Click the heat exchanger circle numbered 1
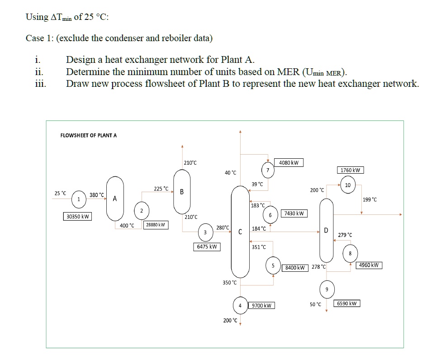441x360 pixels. click(79, 199)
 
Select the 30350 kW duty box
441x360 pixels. click(78, 217)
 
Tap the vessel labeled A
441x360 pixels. click(115, 198)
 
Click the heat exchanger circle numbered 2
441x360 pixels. click(141, 210)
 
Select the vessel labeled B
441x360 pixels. click(182, 191)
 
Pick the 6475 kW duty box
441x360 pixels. click(207, 247)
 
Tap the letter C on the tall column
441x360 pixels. click(240, 232)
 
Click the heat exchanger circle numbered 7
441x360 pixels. click(267, 170)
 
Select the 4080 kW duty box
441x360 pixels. click(289, 162)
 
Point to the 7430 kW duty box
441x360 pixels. click(294, 213)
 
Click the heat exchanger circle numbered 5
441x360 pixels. click(273, 265)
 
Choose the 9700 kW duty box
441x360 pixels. click(262, 306)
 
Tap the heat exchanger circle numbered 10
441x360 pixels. click(347, 185)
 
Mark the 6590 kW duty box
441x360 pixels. click(347, 303)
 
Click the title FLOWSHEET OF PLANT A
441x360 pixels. click(88, 135)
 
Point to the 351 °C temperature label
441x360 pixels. click(259, 247)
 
